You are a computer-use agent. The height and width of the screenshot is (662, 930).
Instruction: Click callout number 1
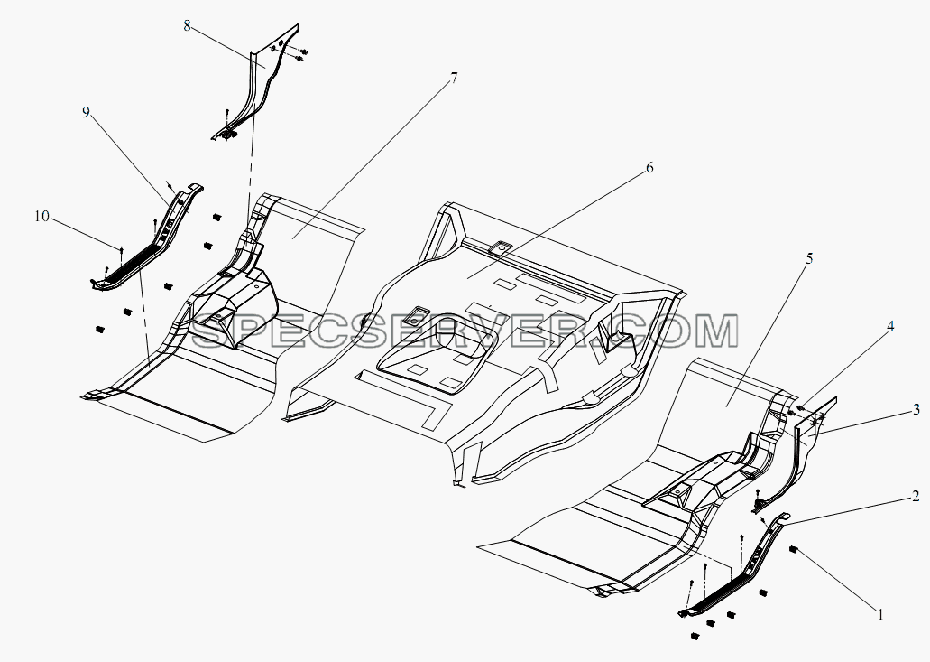tap(880, 614)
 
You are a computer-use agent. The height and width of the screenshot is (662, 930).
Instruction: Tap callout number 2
tap(916, 497)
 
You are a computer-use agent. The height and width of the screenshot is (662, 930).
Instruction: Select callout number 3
tap(916, 409)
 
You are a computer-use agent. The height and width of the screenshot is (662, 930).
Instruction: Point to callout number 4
tap(890, 326)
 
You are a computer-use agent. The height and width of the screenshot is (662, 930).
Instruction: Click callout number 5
tap(809, 258)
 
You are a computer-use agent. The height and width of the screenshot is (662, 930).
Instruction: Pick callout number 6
tap(649, 168)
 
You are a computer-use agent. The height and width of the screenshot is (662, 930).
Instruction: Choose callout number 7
tap(454, 78)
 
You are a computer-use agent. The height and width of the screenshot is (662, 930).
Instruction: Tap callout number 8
tap(187, 26)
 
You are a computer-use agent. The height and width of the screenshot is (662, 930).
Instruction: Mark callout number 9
tap(87, 112)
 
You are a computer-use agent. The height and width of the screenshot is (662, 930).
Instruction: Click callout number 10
tap(41, 217)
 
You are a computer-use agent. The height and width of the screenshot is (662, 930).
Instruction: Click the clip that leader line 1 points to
tap(792, 550)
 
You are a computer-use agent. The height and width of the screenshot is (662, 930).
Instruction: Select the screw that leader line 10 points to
tap(121, 252)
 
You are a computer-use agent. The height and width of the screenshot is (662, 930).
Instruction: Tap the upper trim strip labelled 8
tap(255, 83)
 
